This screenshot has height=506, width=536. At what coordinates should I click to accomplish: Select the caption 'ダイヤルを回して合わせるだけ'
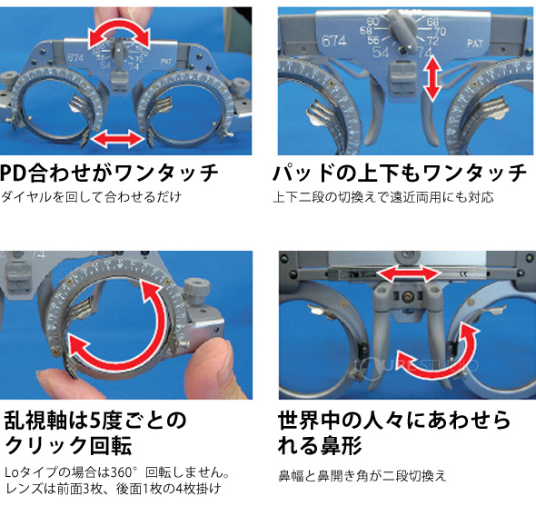[92, 197]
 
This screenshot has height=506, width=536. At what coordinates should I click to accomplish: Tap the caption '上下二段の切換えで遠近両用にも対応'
[383, 197]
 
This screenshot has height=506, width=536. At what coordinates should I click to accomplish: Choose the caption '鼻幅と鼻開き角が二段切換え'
[362, 475]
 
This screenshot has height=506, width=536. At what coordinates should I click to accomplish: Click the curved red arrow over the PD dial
[116, 34]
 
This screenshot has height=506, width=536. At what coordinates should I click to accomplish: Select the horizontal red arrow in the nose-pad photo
[405, 273]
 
